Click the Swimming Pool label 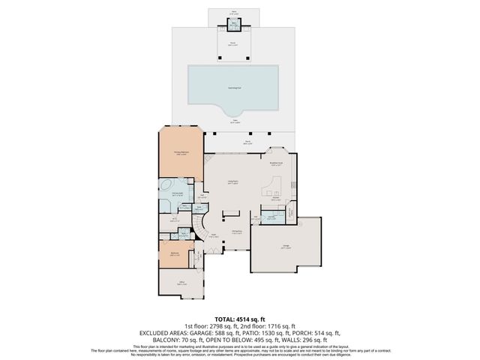(234, 88)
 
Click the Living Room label (233, 182)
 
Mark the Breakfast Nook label (276, 164)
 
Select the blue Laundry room (268, 218)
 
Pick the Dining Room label (235, 232)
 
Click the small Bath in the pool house (234, 25)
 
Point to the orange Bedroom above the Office (175, 254)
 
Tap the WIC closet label (173, 219)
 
